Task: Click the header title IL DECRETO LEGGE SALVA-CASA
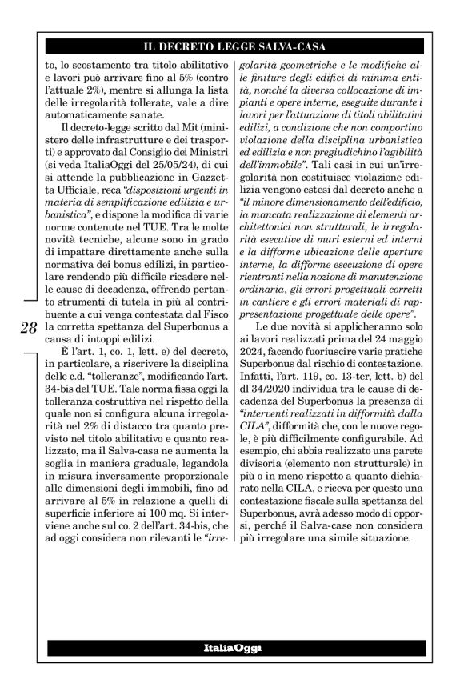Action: (x=232, y=46)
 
